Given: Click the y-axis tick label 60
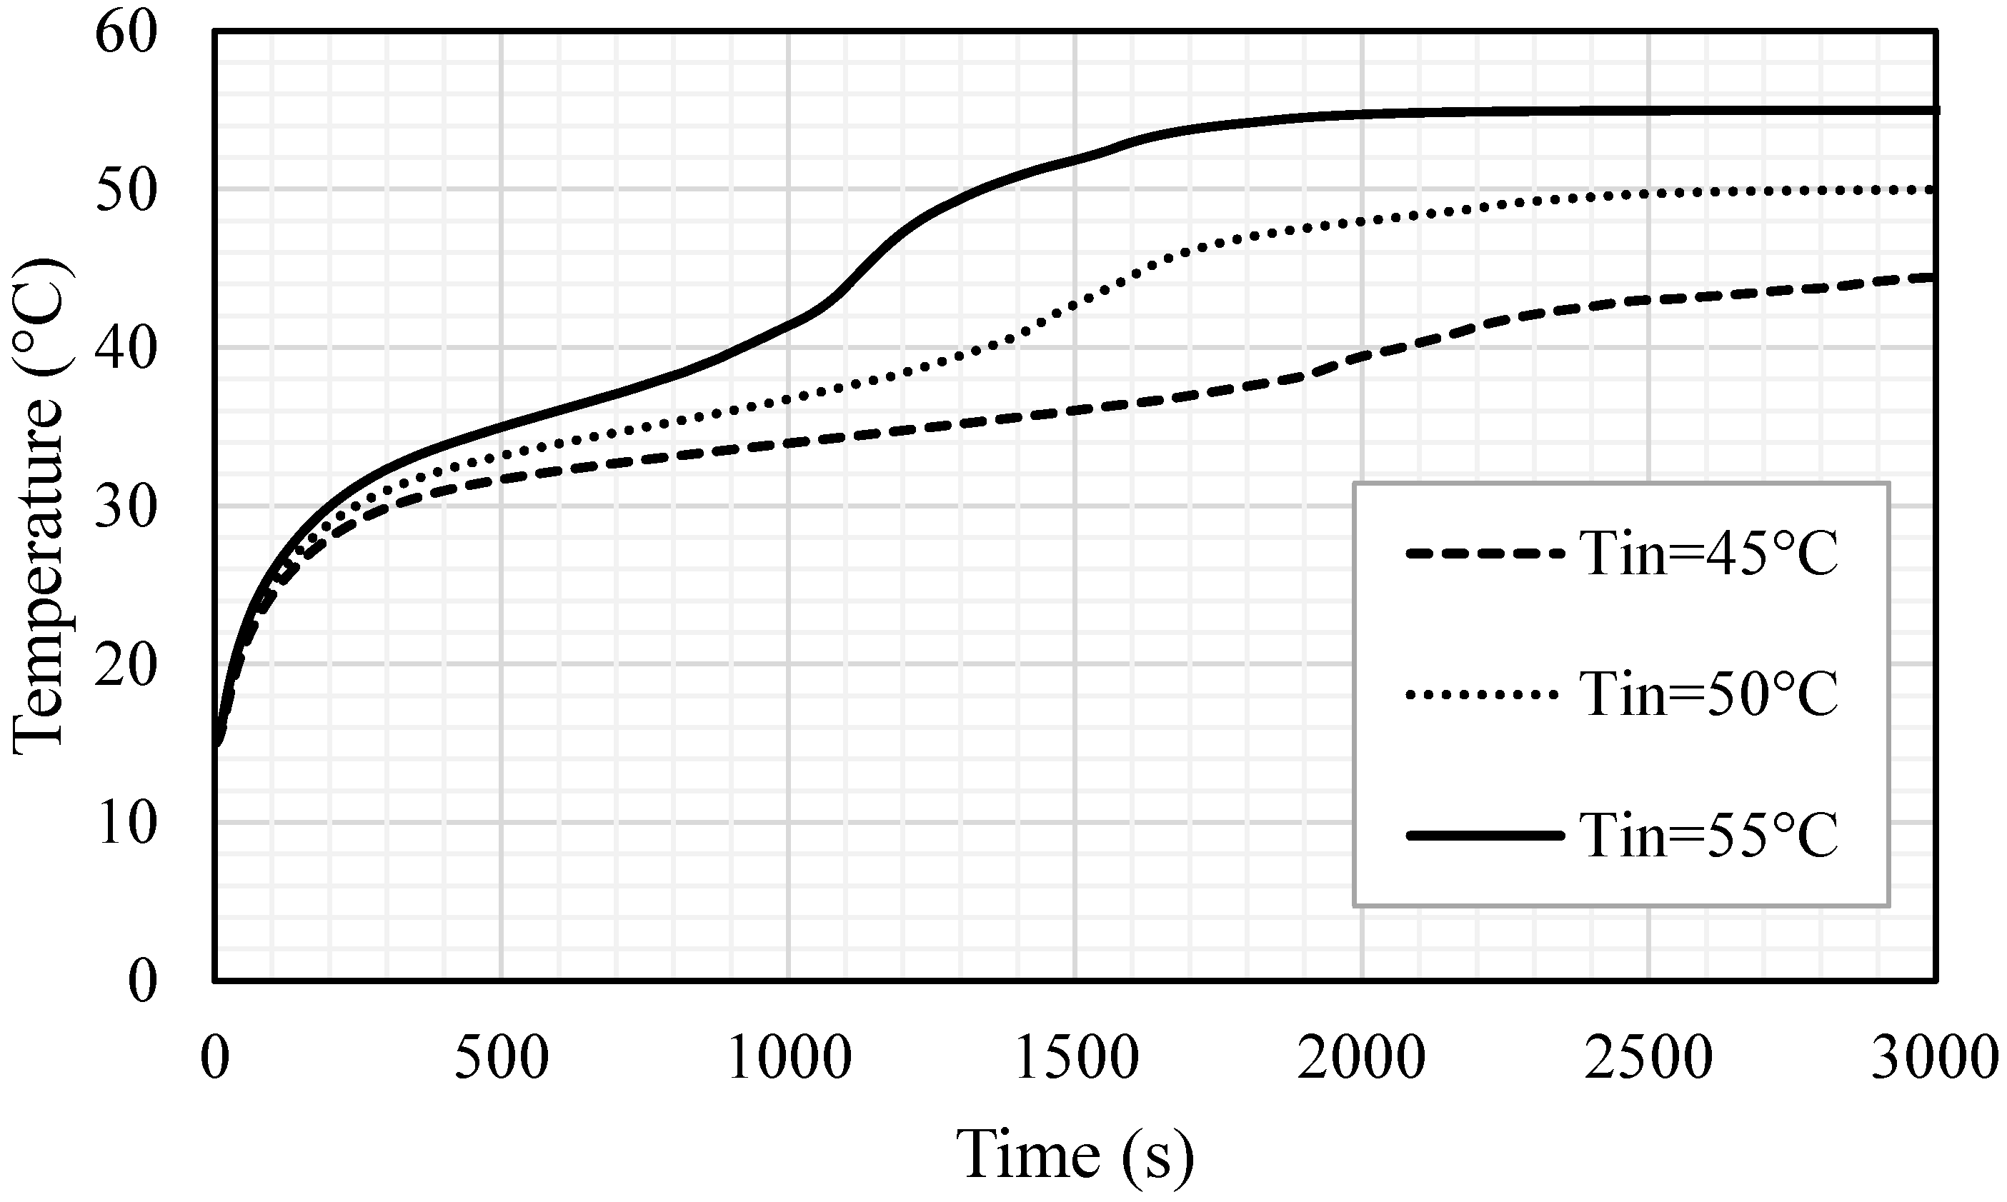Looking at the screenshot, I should pos(126,35).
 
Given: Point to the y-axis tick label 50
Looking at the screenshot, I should pos(126,193).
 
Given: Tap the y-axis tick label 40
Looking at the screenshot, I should pos(126,351).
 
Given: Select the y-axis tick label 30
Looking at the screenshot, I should pos(126,509).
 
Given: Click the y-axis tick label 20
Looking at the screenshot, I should pos(126,667).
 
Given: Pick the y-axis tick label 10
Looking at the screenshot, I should pos(126,826).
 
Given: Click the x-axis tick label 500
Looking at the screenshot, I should pos(502,1058).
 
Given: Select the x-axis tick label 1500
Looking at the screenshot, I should pos(1076,1058).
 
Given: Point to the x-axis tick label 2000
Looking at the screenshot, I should pos(1362,1058).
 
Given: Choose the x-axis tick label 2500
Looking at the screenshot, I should pos(1649,1058).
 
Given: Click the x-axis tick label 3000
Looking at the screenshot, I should pos(1935,1058).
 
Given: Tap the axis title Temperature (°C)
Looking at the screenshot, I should pos(39,507).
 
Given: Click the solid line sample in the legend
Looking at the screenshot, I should pos(1485,835).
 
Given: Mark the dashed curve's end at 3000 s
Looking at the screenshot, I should pos(1933,278).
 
